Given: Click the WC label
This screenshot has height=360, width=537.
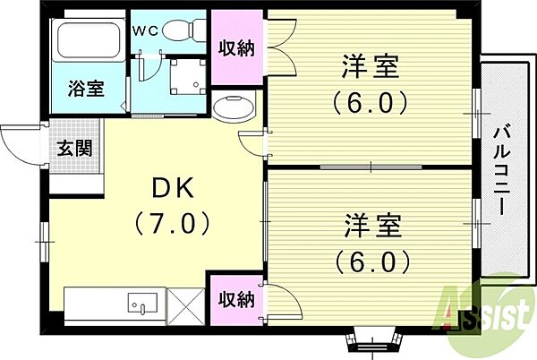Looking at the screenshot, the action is tap(146, 31).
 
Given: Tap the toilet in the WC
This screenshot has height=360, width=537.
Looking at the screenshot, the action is tap(183, 30).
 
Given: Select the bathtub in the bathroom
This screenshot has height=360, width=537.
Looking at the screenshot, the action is tap(89, 39).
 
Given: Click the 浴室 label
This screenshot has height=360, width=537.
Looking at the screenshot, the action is tap(86, 89).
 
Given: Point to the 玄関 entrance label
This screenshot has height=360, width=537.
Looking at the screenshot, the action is tap(75, 149).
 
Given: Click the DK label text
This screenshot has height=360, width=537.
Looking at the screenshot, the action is tap(173, 188).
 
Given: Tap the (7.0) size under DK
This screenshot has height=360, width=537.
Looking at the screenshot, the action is tap(172, 223).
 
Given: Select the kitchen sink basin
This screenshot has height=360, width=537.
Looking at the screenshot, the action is tap(142, 303).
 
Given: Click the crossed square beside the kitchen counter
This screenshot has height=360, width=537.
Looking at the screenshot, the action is tap(185, 307).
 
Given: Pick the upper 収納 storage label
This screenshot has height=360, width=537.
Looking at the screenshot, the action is tap(236, 48).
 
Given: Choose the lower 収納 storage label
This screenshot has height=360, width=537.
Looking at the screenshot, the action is tap(236, 300).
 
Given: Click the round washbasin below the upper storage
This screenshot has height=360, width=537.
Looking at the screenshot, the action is tap(234, 107).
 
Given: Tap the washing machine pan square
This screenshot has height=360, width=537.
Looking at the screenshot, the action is tap(188, 77).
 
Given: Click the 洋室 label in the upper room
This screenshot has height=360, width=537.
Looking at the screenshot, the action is tap(371, 67).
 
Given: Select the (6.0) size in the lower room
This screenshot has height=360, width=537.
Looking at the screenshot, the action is tap(372, 261).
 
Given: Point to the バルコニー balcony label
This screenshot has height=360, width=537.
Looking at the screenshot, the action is tap(502, 170).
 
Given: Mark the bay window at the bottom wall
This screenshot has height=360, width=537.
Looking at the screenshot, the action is tap(371, 339).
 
